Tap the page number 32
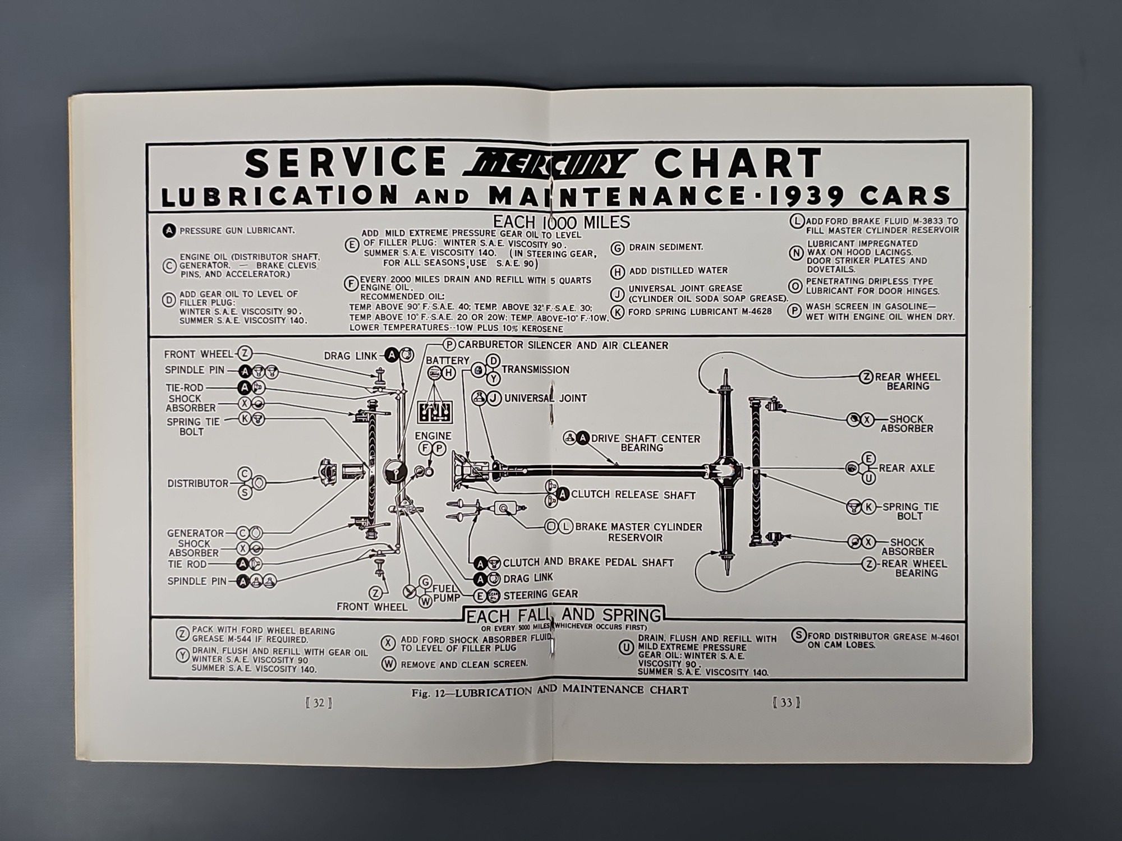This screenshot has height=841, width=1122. point(319,703)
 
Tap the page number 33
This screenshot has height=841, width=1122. point(785,703)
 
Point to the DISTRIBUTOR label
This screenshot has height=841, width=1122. point(197,483)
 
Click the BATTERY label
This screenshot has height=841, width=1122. point(447,360)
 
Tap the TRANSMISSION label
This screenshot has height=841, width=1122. point(535,369)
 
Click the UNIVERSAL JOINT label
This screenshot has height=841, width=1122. point(545,398)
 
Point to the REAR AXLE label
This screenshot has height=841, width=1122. point(907,468)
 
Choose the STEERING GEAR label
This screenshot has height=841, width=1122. point(540,594)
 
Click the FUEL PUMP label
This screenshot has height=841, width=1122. point(446,593)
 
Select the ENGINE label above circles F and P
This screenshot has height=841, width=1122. point(433,436)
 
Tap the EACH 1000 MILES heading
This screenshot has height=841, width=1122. point(561,222)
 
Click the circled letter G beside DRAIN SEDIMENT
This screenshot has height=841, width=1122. point(618,247)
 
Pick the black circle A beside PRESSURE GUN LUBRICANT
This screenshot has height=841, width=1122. point(169,230)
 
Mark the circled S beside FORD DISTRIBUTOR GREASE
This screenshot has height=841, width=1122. point(798,636)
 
